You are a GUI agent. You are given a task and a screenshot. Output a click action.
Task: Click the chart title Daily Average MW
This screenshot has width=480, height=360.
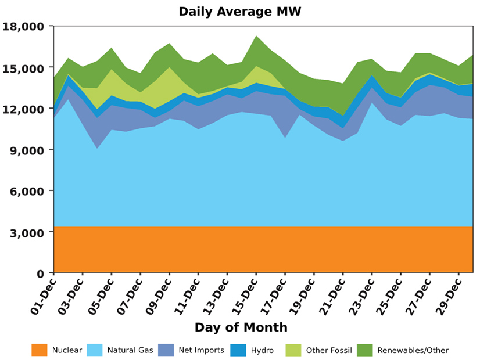coord(240,12)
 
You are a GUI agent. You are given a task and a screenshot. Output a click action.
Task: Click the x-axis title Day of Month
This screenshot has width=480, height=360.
coord(241,327)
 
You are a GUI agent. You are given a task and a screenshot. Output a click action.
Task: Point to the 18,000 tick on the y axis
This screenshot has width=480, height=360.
coord(23,27)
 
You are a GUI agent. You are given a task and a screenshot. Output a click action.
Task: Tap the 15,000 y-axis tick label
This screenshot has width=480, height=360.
coord(23,68)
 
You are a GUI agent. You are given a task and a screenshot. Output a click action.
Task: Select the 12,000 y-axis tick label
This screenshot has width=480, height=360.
coord(23,109)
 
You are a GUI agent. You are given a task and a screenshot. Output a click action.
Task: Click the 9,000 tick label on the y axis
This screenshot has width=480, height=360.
coord(26,150)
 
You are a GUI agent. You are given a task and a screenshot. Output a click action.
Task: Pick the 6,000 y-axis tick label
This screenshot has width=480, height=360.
coord(26,191)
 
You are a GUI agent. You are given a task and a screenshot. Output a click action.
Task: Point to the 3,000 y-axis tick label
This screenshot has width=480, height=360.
coord(26,232)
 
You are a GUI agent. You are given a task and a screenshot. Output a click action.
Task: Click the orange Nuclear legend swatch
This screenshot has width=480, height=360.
coord(40,350)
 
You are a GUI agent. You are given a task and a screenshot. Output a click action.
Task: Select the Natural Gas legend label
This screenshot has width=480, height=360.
coord(130,350)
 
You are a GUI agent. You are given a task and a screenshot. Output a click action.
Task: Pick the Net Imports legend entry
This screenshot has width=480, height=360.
coord(202,350)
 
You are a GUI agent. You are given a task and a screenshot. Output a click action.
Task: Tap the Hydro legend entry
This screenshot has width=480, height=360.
coord(262,350)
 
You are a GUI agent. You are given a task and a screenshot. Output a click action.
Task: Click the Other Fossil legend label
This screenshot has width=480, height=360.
coord(329,350)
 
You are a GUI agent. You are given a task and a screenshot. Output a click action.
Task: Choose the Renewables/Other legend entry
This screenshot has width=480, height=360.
coord(413,350)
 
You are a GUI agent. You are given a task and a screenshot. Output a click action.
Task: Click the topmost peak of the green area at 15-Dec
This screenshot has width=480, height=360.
coord(256,36)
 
